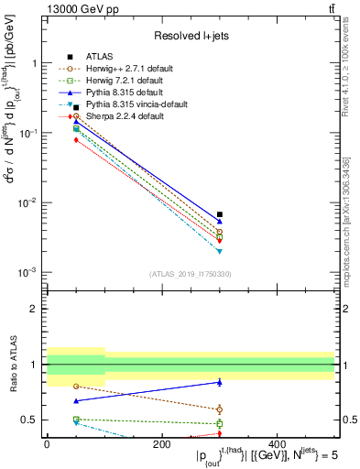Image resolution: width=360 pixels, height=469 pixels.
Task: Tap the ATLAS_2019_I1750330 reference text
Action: [191, 274]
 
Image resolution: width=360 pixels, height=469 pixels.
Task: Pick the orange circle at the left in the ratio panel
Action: [76, 386]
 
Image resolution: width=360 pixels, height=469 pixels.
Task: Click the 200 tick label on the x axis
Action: [161, 443]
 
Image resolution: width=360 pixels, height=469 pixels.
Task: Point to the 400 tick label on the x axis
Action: [277, 443]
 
